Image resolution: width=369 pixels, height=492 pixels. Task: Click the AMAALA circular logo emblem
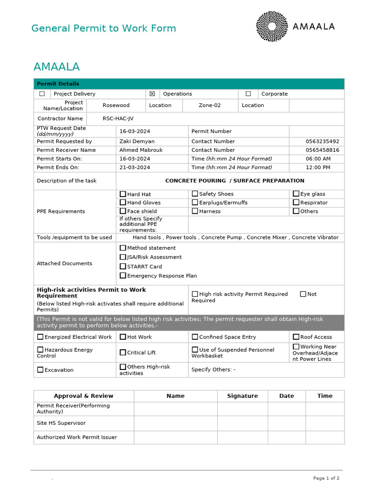point(272,26)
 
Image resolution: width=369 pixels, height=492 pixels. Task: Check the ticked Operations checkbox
point(152,94)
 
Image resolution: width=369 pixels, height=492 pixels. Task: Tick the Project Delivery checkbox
point(42,94)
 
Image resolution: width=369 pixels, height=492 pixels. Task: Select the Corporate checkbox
point(248,94)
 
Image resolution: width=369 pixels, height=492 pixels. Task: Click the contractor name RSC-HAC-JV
point(118,119)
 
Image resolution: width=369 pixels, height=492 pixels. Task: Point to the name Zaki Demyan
point(137,142)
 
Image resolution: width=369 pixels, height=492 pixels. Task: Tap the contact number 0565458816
point(322,150)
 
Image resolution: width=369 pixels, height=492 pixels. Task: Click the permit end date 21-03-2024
point(135,168)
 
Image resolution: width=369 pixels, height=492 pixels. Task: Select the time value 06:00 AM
point(318,159)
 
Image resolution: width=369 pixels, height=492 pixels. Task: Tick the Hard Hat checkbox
point(123,194)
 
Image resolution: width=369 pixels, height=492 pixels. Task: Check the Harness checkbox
point(195,211)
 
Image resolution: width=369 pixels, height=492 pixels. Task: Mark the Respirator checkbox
point(296,202)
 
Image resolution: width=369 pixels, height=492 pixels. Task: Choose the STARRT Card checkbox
point(123,266)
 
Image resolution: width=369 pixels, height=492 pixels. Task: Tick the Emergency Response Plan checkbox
point(123,275)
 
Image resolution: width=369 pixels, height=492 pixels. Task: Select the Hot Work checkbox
point(123,337)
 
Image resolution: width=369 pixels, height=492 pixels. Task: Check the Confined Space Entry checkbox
point(195,337)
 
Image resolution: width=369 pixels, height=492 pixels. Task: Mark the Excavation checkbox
point(40,370)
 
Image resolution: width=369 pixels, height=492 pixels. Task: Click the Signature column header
point(242,396)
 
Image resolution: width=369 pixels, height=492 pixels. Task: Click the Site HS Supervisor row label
point(61,423)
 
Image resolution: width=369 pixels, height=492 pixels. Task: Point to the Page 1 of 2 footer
point(326,478)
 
